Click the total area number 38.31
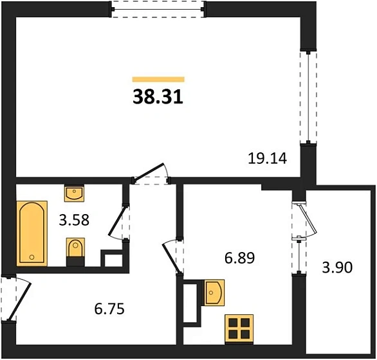coord(158,96)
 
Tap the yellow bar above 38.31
coord(158,79)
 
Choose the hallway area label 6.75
coord(109,309)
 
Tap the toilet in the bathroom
coord(75,251)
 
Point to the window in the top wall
coord(158,9)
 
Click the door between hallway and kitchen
coord(174,255)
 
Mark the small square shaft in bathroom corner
coord(113,258)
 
